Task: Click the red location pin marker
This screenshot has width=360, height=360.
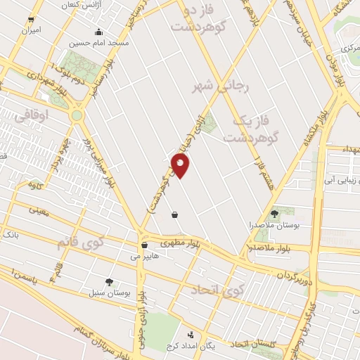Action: click(181, 165)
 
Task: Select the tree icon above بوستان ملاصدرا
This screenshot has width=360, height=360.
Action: click(274, 213)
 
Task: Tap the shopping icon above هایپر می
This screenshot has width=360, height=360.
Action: click(144, 245)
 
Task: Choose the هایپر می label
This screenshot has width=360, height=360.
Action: click(144, 257)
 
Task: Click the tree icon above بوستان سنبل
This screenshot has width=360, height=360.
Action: click(108, 281)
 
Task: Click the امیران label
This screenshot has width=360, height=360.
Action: click(31, 31)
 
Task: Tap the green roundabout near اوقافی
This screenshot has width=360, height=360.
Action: click(76, 115)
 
